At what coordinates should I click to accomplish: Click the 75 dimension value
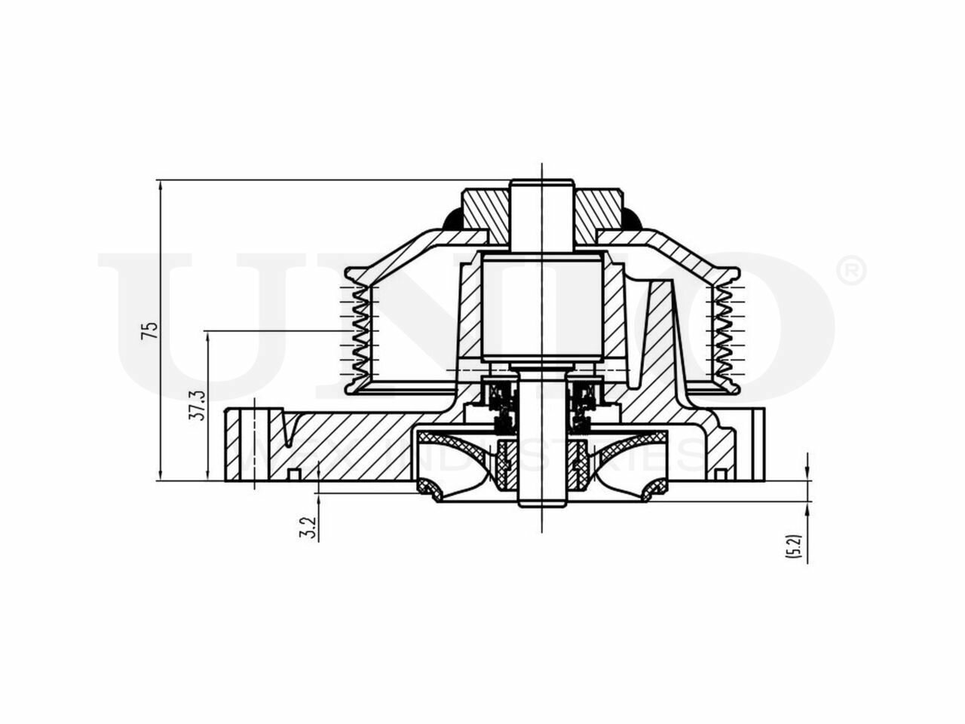(153, 330)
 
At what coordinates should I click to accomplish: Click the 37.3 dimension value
(197, 404)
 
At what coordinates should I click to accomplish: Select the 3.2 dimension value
(307, 527)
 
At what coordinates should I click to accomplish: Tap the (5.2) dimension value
(792, 545)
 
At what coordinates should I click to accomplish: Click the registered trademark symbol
(851, 271)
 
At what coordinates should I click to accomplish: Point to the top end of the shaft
(541, 183)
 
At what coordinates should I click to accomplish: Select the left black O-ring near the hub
(452, 219)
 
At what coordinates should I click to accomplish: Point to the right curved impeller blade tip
(653, 491)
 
